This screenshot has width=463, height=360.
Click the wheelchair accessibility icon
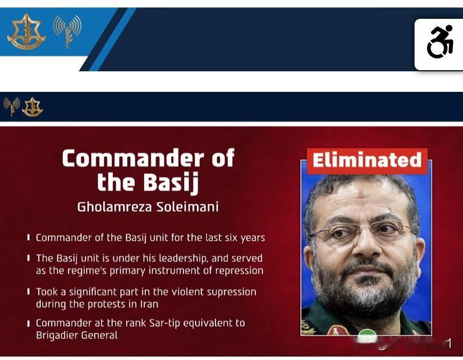tap(440, 42)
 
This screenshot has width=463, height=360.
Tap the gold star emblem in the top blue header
tap(27, 31)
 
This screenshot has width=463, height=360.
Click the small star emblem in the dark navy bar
tap(32, 107)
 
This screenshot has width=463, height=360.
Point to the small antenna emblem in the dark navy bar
tap(11, 107)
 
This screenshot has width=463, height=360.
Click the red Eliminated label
tap(367, 161)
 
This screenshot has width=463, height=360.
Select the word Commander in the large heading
tap(133, 158)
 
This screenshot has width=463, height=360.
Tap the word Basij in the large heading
tap(171, 183)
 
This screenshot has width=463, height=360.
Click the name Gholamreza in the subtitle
tap(115, 207)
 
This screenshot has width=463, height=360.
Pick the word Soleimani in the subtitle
tap(188, 207)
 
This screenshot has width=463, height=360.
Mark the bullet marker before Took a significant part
tap(29, 292)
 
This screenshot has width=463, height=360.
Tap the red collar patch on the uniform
tap(338, 330)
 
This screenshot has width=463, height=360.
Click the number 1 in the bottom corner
tap(449, 344)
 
